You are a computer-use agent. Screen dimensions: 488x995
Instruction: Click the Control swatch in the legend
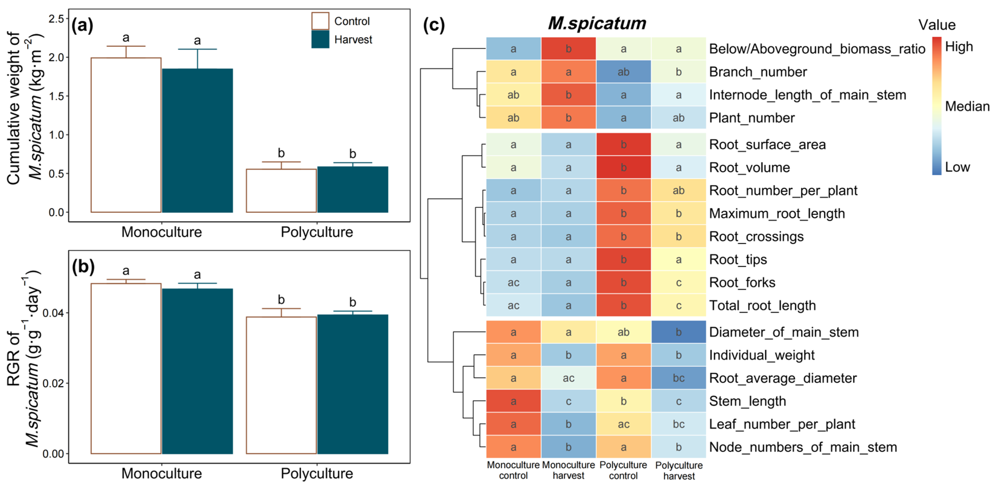click(x=320, y=21)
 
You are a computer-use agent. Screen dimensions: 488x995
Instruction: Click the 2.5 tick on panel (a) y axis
click(x=56, y=19)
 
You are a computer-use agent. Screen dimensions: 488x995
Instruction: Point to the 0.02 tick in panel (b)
click(x=53, y=383)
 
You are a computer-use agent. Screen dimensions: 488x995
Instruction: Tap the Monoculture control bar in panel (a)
click(x=126, y=135)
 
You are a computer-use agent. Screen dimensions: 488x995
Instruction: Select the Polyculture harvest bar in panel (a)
click(x=353, y=189)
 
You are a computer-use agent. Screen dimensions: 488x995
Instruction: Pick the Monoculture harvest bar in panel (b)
click(x=197, y=371)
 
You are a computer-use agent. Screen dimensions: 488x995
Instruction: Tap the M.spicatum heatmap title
click(x=597, y=23)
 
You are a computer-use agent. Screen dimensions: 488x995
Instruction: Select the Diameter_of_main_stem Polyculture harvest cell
click(x=678, y=332)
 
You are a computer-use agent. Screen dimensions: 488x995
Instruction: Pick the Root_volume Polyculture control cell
click(x=623, y=167)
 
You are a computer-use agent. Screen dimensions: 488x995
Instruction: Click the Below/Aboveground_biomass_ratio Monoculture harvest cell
click(x=568, y=49)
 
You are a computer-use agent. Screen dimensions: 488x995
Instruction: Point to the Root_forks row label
click(x=742, y=282)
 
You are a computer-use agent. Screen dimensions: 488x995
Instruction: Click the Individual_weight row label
click(x=762, y=355)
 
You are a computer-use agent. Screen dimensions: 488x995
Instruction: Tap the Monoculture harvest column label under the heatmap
click(x=568, y=470)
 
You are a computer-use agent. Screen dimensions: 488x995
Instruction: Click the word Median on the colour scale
click(x=967, y=106)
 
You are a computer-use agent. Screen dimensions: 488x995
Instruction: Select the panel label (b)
click(x=83, y=267)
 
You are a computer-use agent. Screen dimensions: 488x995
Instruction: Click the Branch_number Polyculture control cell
click(x=623, y=72)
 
